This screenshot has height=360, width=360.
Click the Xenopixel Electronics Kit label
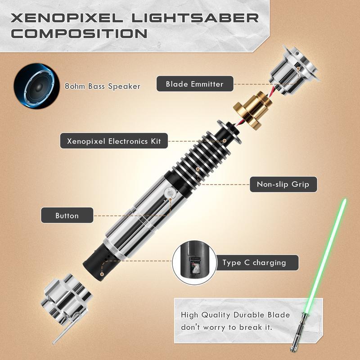(x=114, y=141)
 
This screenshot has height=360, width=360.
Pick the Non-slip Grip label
(x=283, y=184)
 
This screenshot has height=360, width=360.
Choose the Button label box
(x=67, y=216)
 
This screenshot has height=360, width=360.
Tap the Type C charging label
(x=254, y=263)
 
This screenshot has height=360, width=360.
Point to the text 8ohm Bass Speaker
(x=102, y=86)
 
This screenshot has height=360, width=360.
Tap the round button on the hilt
(x=170, y=193)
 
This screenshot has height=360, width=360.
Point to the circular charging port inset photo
(x=194, y=263)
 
